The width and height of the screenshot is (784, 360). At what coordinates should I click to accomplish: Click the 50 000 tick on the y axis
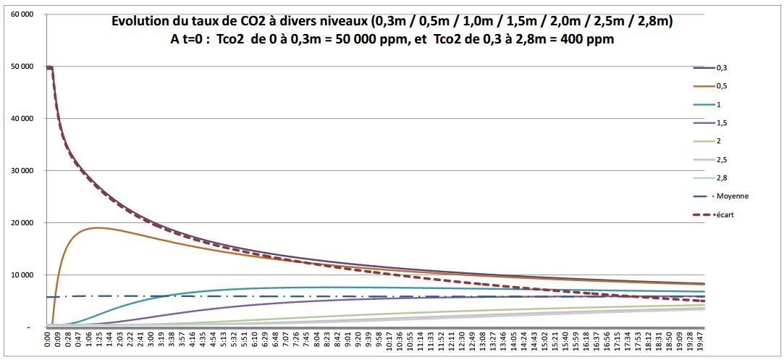click(21, 67)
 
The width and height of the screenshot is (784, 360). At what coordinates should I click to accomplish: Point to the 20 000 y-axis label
click(21, 223)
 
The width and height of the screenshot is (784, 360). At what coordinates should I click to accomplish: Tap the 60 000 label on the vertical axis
click(21, 14)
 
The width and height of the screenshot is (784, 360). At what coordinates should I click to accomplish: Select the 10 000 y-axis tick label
click(21, 275)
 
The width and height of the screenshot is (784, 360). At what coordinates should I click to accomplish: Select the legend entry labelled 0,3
click(722, 68)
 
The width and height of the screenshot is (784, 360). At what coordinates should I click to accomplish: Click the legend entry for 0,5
click(722, 86)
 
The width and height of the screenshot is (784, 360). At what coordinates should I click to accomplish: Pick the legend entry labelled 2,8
click(722, 177)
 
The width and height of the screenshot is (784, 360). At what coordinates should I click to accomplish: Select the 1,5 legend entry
click(722, 123)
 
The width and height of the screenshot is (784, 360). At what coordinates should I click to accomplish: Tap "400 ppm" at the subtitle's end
click(588, 40)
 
